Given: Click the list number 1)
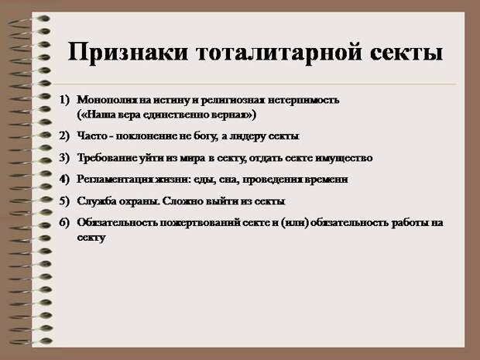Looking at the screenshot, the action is [x=64, y=100].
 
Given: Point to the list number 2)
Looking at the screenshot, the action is [x=64, y=135].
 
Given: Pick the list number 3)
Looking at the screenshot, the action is [x=64, y=158].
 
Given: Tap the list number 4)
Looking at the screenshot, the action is [x=64, y=179].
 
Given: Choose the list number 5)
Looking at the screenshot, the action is [x=64, y=201].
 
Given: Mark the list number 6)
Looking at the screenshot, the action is [x=64, y=222].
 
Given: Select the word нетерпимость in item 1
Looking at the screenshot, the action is [x=303, y=101].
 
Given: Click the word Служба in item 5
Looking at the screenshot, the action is [x=94, y=201].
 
